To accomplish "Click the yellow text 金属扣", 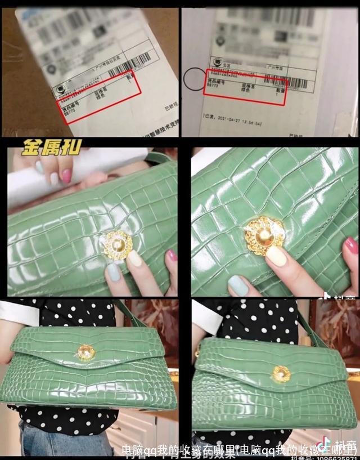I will click(x=52, y=148).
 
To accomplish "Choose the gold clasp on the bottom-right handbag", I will click(x=280, y=372).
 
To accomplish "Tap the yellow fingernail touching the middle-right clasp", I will click(x=276, y=256).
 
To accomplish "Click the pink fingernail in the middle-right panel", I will click(x=351, y=245).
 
